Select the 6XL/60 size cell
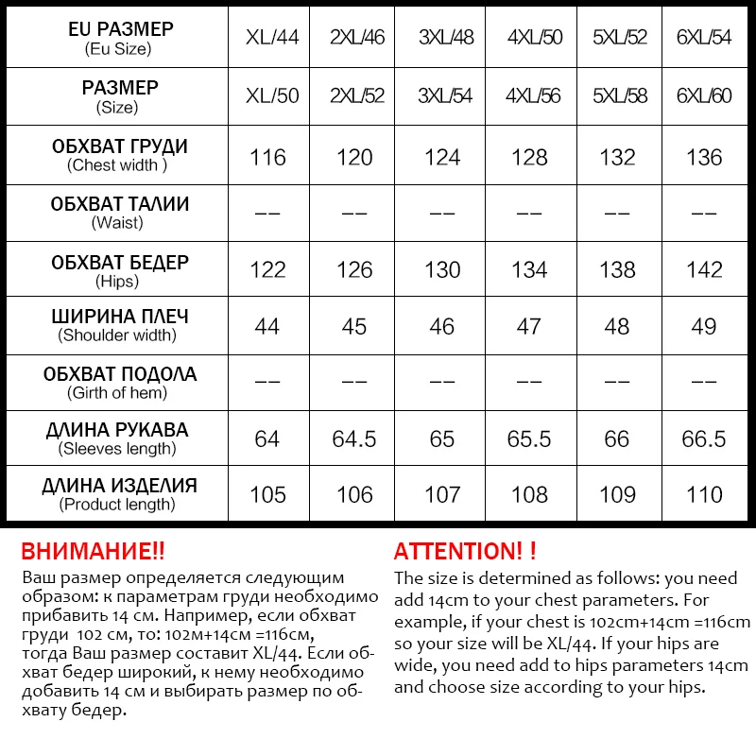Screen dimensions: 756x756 pyautogui.click(x=704, y=95)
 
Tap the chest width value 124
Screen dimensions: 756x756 pyautogui.click(x=442, y=157)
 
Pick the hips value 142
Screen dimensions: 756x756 pyautogui.click(x=704, y=269)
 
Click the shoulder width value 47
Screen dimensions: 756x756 pyautogui.click(x=529, y=326)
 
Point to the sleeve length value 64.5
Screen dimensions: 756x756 pyautogui.click(x=354, y=439)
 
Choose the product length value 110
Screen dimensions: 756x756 pyautogui.click(x=704, y=494)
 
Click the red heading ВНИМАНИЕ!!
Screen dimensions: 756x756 pyautogui.click(x=93, y=552)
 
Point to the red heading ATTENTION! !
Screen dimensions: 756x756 pyautogui.click(x=465, y=552)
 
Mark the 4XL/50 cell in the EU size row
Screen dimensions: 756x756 pyautogui.click(x=534, y=38)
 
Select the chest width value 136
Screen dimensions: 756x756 pyautogui.click(x=704, y=157)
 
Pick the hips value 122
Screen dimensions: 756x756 pyautogui.click(x=267, y=269)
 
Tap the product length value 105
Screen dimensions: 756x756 pyautogui.click(x=267, y=494)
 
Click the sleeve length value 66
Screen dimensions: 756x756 pyautogui.click(x=617, y=439)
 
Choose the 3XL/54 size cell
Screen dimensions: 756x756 pyautogui.click(x=446, y=95)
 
